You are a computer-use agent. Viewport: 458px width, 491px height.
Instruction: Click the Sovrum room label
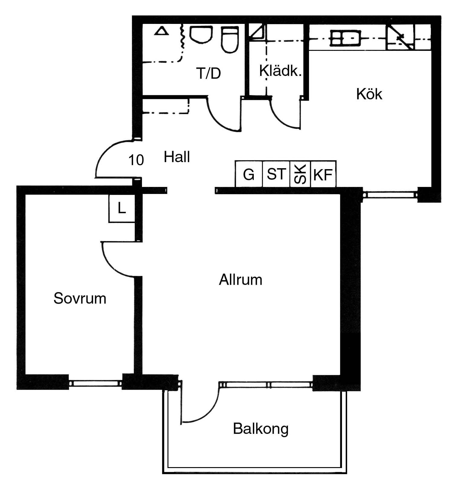click(80, 298)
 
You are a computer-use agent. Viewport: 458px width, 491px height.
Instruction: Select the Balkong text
click(261, 429)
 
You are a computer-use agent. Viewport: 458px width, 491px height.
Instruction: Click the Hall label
click(177, 157)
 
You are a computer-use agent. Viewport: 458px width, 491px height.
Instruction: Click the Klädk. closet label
click(281, 70)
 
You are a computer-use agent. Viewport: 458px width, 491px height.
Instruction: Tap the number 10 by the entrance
click(136, 160)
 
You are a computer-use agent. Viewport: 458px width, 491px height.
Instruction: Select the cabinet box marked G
click(249, 174)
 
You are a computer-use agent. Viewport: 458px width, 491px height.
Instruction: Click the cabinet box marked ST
click(276, 174)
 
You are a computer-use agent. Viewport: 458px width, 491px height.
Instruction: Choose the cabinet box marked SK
click(300, 174)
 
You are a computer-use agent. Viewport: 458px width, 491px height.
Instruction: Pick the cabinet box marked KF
click(323, 174)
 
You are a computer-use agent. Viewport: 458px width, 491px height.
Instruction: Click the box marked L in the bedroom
click(122, 209)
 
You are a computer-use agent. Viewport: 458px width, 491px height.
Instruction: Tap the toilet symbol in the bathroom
click(230, 40)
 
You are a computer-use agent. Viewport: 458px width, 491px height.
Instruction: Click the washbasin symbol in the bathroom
click(201, 36)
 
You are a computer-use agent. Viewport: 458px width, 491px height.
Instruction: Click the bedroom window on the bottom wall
click(95, 383)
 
